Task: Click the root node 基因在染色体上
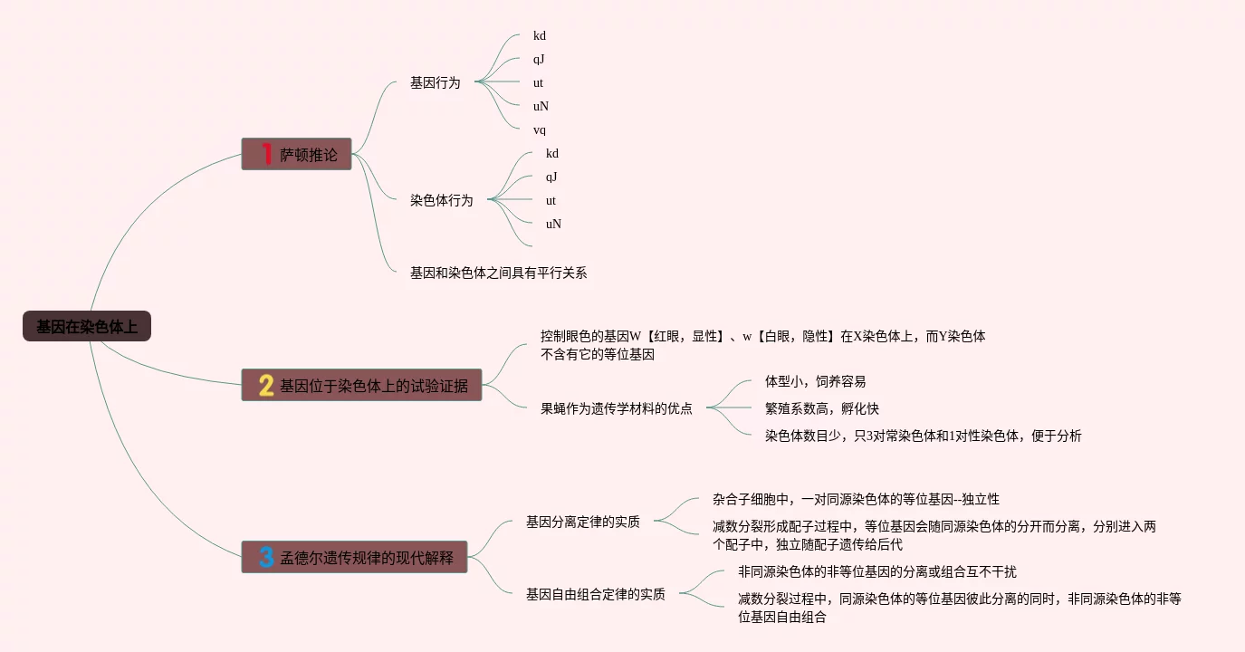tap(87, 327)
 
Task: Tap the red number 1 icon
tap(266, 155)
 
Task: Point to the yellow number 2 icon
tap(266, 386)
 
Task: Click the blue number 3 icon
tap(266, 556)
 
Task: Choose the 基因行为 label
tap(435, 82)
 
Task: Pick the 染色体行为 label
tap(441, 200)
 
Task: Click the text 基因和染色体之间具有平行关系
tap(498, 273)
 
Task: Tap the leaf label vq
tap(540, 129)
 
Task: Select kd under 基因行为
tap(540, 36)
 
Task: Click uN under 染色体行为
tap(553, 224)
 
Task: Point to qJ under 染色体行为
tap(551, 177)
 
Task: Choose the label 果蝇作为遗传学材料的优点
tap(617, 408)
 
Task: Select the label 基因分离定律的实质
tap(583, 522)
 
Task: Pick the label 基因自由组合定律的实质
tap(596, 594)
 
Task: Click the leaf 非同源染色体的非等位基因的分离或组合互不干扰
tap(877, 571)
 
